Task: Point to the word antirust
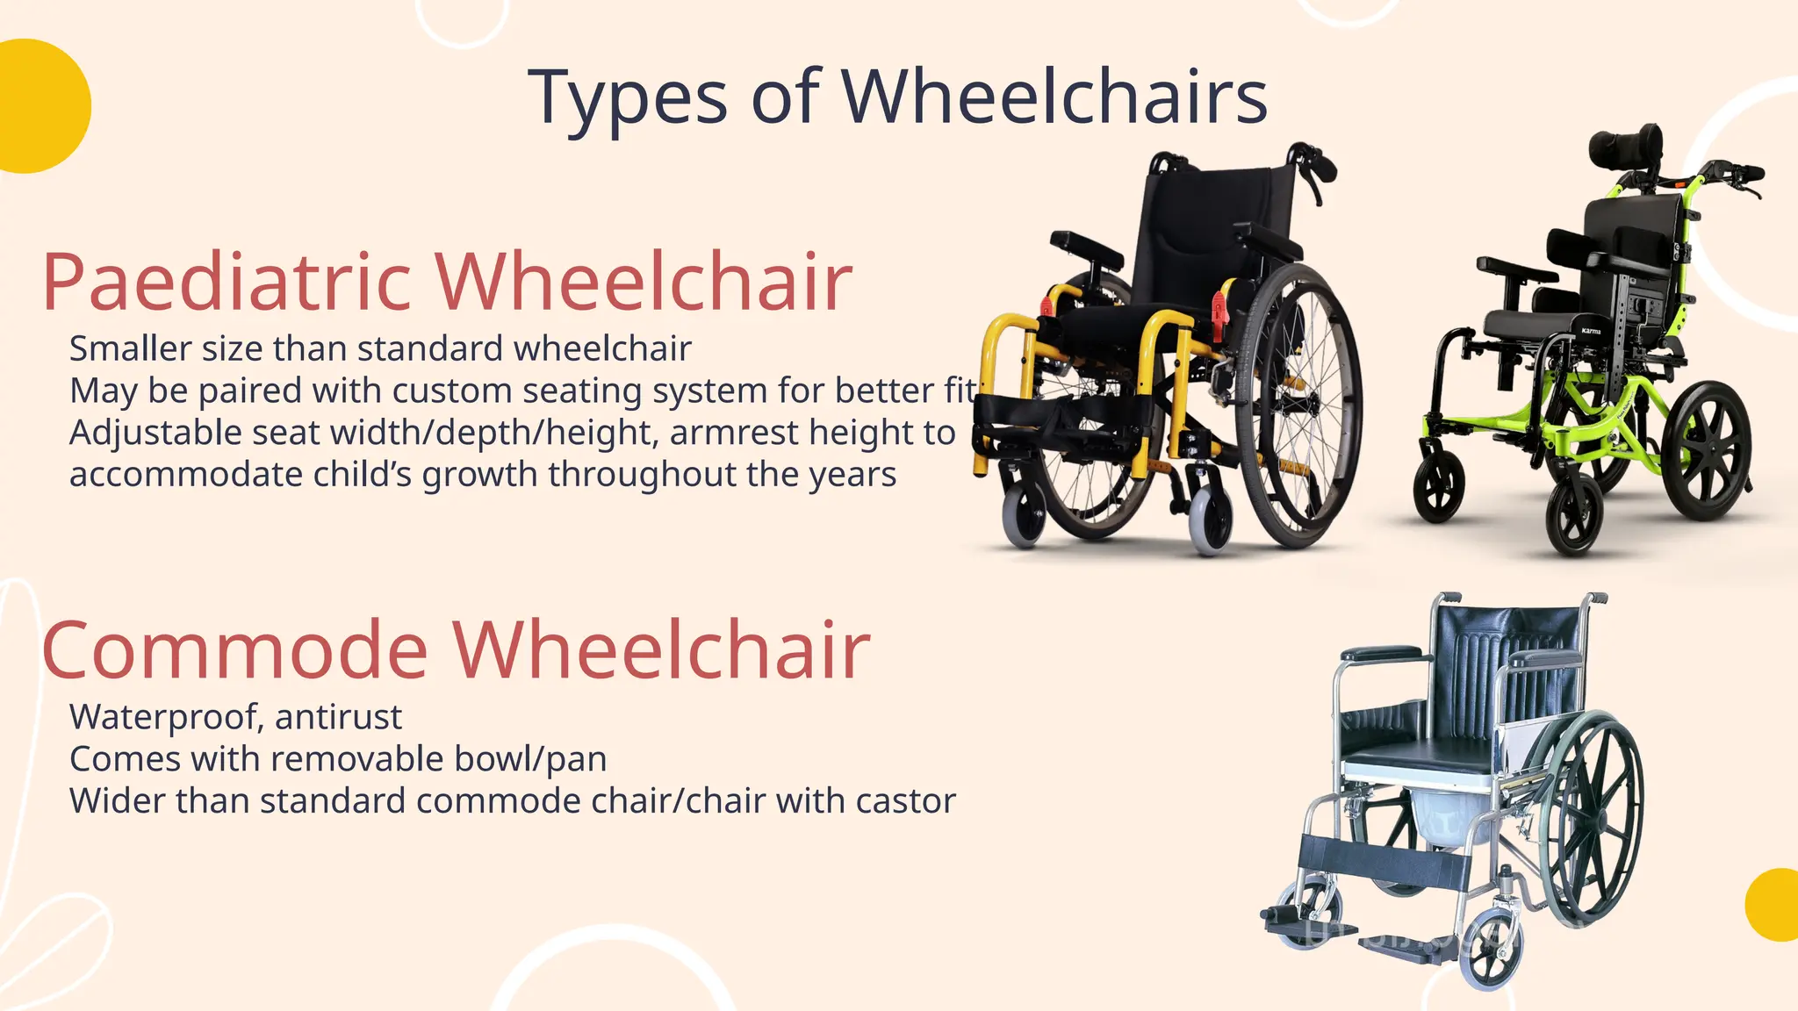tap(338, 717)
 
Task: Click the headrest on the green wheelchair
tap(1625, 145)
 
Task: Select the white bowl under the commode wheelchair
tap(1449, 816)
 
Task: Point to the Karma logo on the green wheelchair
tap(1592, 331)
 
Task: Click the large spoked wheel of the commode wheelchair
tap(1589, 816)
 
